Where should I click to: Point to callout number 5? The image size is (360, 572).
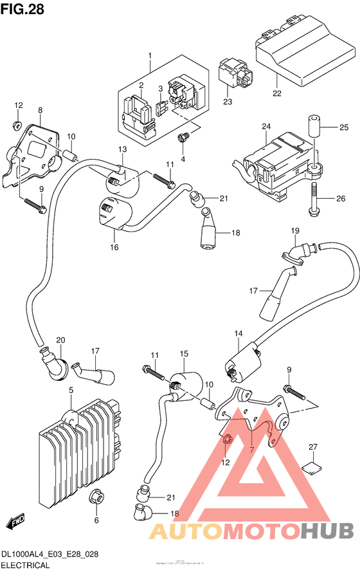pos(71,390)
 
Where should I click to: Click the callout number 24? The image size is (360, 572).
pos(265,127)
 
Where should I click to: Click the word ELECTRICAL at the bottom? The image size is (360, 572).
pos(26,564)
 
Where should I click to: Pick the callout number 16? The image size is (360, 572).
pos(114,247)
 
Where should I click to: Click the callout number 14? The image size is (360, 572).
pos(238,333)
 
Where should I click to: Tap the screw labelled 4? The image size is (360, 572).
pos(184,136)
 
